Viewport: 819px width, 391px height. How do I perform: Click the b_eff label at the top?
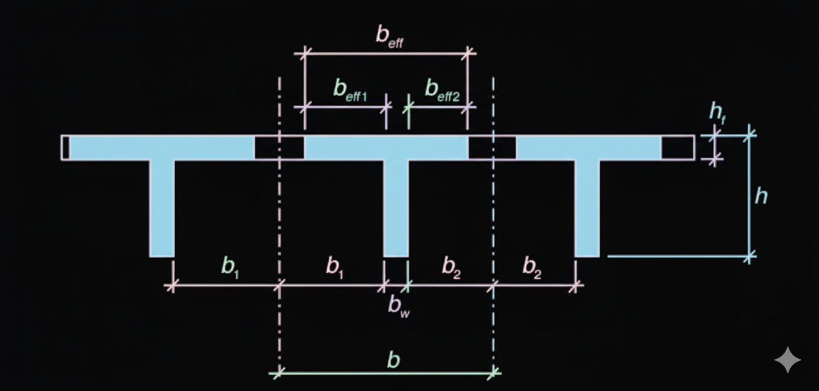tap(389, 37)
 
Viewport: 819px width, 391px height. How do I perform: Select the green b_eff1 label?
tap(350, 90)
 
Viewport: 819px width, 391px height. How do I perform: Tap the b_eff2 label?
tap(442, 90)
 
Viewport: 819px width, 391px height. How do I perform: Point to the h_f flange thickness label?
tap(717, 113)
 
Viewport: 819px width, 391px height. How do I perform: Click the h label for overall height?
tap(761, 196)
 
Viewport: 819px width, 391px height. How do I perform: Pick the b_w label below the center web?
tap(399, 305)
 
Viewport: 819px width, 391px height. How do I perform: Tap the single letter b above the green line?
tap(393, 361)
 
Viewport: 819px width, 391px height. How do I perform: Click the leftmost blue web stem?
tap(162, 208)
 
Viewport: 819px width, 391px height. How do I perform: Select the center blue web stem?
tap(396, 208)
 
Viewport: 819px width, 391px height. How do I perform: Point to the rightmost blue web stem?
tap(587, 208)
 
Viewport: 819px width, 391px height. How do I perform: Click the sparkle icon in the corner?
tap(787, 360)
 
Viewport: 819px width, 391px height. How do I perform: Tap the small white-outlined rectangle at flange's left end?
tap(66, 148)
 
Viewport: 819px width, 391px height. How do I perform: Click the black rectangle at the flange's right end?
tap(678, 148)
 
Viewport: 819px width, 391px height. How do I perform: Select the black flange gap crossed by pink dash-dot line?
tap(279, 148)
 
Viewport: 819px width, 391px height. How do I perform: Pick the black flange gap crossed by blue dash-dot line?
tap(492, 148)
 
